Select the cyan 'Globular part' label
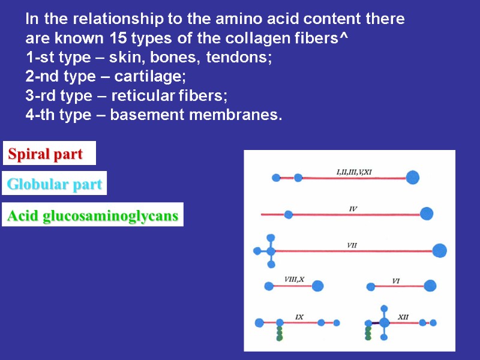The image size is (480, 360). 54,184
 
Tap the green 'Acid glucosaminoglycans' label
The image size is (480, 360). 92,216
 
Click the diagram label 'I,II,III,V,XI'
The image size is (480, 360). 354,172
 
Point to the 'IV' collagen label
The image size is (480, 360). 353,209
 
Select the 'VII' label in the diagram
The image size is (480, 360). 353,244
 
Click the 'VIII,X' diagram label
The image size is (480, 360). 294,279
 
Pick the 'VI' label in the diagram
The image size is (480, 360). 396,280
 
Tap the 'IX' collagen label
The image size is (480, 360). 299,316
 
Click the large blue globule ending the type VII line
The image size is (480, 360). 439,251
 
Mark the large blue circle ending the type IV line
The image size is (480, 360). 427,214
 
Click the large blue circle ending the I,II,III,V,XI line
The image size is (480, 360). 412,177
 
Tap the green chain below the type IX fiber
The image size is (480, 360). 280,334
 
